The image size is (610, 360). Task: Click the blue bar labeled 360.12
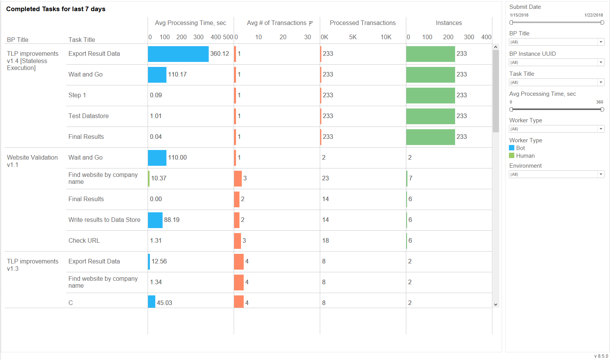coord(178,54)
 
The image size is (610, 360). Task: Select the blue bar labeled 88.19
coord(155,220)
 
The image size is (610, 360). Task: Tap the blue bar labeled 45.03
coord(151,302)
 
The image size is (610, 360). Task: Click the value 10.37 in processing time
coord(158,178)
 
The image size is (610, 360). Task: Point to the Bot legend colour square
coord(512,148)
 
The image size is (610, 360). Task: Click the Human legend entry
coord(522,156)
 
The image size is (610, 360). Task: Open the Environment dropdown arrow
coord(601,174)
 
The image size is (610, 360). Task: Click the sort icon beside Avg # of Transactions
coord(311,23)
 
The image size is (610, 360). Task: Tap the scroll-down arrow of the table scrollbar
coord(495,304)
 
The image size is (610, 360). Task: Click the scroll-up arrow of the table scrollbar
coord(495,47)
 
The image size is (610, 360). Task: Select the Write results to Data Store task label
coord(104,220)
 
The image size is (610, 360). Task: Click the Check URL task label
coord(84,241)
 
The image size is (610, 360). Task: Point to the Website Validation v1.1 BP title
coord(32,161)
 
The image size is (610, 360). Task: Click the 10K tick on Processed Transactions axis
coord(386,37)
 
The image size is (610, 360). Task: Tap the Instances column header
coord(449,23)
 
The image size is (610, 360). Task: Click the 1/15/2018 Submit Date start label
coord(519,15)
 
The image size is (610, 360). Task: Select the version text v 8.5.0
coord(601,356)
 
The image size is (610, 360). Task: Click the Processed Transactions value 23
coord(326,178)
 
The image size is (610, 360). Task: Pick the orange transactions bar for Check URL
coord(238,241)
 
